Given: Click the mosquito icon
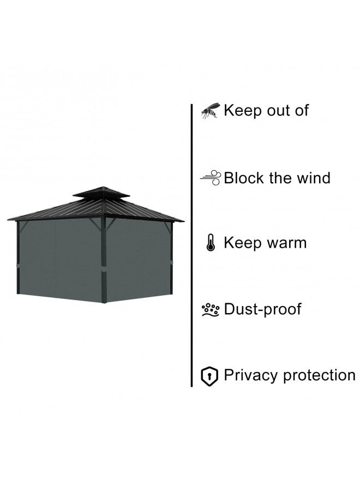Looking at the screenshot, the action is pyautogui.click(x=209, y=110).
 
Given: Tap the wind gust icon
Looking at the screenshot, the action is pyautogui.click(x=211, y=177).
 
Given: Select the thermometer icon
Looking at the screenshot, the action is pyautogui.click(x=211, y=243).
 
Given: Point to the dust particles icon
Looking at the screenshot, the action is pyautogui.click(x=211, y=310).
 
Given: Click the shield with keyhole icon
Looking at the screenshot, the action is pyautogui.click(x=209, y=376).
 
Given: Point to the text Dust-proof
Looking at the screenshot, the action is pyautogui.click(x=263, y=309).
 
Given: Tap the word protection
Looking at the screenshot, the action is pyautogui.click(x=319, y=375).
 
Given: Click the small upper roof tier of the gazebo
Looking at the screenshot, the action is pyautogui.click(x=102, y=192).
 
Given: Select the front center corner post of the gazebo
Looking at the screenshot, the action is pyautogui.click(x=104, y=260).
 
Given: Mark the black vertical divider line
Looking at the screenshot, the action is pyautogui.click(x=191, y=245).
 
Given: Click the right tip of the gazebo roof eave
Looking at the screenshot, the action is pyautogui.click(x=184, y=221).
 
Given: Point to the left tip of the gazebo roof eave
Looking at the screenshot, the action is pyautogui.click(x=8, y=219).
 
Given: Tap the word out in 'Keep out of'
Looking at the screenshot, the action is pyautogui.click(x=277, y=111).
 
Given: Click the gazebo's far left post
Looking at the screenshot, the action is pyautogui.click(x=18, y=258).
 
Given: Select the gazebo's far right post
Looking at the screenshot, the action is pyautogui.click(x=171, y=258).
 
